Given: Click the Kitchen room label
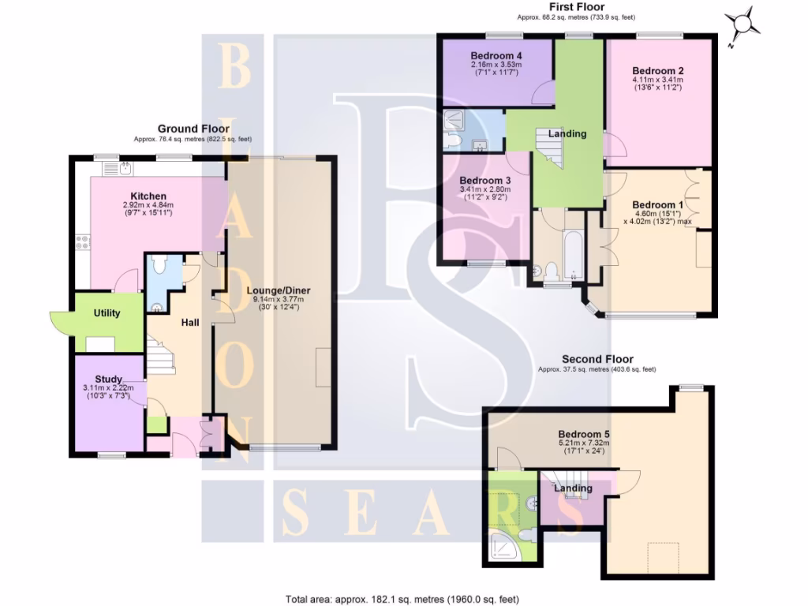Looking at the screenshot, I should click(x=148, y=196).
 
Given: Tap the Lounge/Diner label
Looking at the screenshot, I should click(x=278, y=289).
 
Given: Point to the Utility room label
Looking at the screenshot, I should click(x=107, y=313).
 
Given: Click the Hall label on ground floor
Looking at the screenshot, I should click(x=190, y=323).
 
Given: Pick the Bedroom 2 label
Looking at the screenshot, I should click(x=657, y=70).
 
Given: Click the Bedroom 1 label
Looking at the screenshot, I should click(x=658, y=205).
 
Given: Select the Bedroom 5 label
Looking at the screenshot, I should click(x=584, y=434).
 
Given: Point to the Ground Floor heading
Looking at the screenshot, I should click(x=193, y=129).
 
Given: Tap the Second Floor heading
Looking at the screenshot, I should click(x=597, y=359).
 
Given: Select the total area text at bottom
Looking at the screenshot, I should click(x=402, y=599).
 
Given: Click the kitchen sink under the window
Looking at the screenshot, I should click(x=126, y=168).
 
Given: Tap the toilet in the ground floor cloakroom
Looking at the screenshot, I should click(x=157, y=264).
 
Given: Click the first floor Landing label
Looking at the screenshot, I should click(x=568, y=133).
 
